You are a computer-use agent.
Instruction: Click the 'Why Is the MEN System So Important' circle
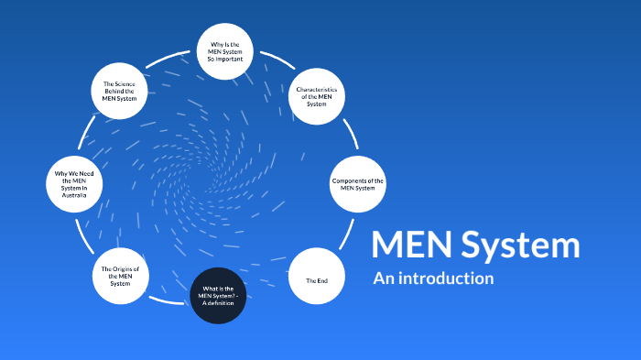(x=225, y=50)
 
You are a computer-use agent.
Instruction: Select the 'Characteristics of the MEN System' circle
(x=317, y=96)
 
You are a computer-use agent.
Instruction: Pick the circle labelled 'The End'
(x=317, y=278)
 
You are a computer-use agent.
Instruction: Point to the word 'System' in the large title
(x=520, y=245)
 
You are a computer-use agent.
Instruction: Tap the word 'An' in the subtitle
(x=383, y=278)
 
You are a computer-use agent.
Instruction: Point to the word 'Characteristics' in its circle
(x=317, y=90)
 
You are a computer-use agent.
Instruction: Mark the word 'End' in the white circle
(x=321, y=279)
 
